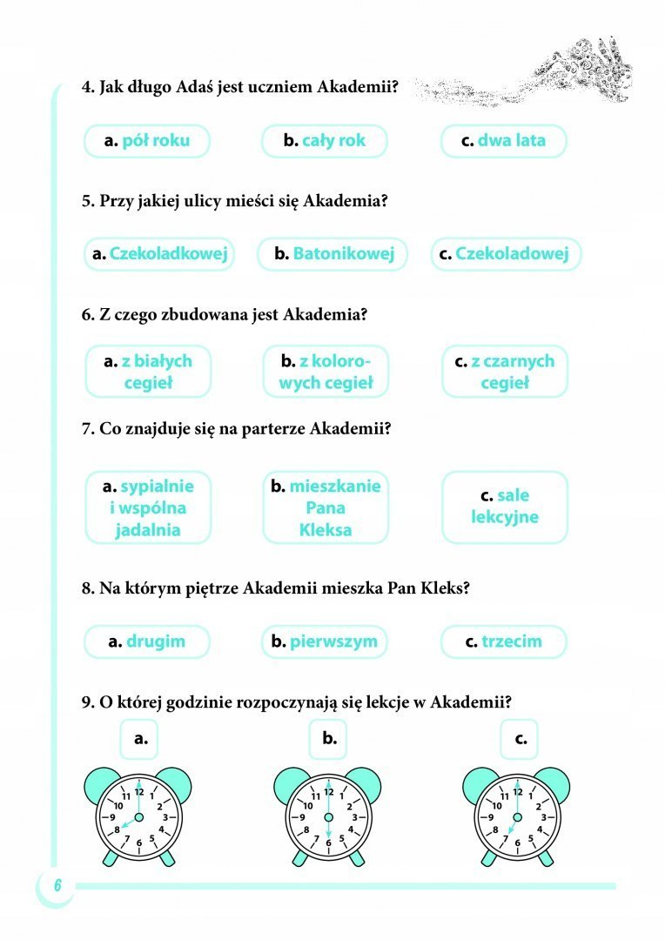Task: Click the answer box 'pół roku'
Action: (x=147, y=140)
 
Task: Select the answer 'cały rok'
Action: (x=325, y=140)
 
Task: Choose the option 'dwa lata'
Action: (x=504, y=140)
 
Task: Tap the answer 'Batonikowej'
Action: (x=332, y=254)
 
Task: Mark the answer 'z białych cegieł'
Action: (x=148, y=371)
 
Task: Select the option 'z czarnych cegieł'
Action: (x=504, y=371)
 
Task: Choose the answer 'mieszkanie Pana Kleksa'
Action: (x=326, y=507)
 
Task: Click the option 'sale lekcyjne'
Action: (x=505, y=507)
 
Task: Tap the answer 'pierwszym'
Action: (x=325, y=641)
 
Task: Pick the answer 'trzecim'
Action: (x=504, y=641)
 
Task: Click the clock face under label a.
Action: (x=138, y=818)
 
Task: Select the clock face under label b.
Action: (x=328, y=818)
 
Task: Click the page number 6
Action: (x=56, y=885)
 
